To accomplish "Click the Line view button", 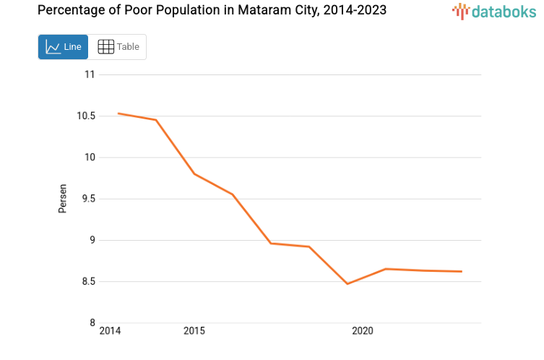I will (x=64, y=47).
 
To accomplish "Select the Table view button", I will (x=118, y=47).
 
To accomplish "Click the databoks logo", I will (x=494, y=11).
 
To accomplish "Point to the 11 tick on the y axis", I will (x=90, y=74).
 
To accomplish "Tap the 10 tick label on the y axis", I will (x=90, y=158).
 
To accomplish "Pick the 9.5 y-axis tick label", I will (x=88, y=199).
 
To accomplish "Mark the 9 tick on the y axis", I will (x=92, y=240).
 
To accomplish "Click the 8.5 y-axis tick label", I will (x=88, y=281).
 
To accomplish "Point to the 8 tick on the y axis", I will (x=92, y=323).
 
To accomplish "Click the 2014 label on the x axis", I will (x=110, y=331).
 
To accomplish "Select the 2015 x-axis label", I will (x=194, y=331).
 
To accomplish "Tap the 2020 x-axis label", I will (x=362, y=331).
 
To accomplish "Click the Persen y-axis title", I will (x=63, y=198).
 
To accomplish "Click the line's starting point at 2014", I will (x=118, y=113).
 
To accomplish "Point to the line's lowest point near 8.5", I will (x=347, y=283).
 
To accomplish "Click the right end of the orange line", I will (x=462, y=272).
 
